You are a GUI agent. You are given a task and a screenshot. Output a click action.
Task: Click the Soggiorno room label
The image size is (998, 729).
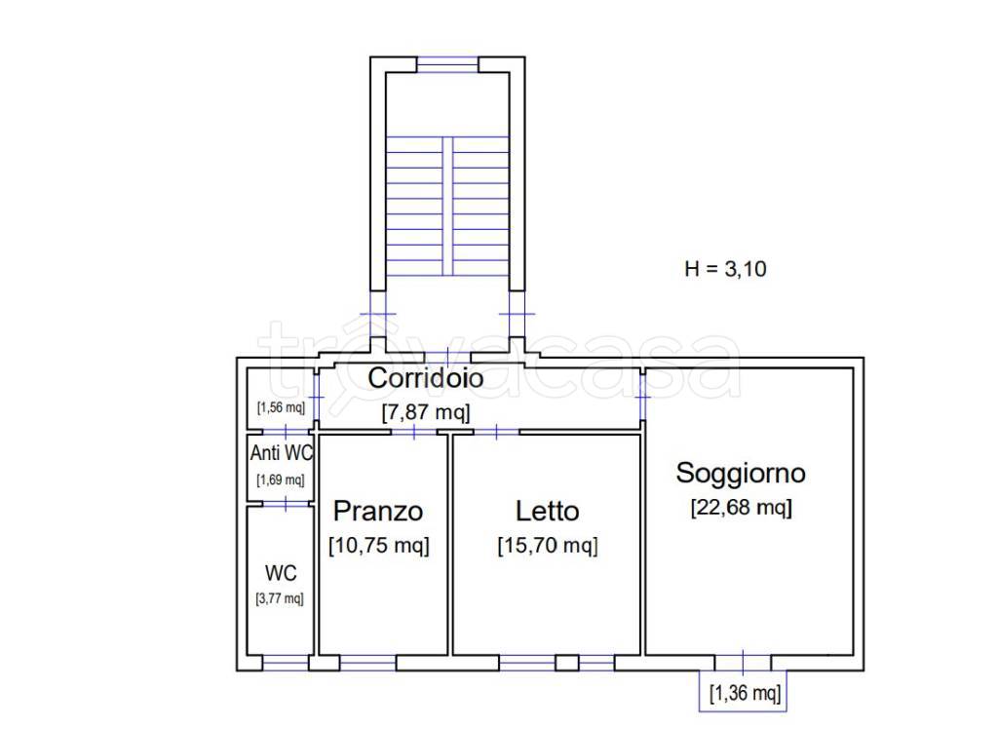click(x=741, y=474)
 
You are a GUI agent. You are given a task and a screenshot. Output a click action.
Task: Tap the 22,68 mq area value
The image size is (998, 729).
click(x=741, y=508)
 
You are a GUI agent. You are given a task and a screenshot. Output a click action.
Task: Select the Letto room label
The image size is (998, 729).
click(x=547, y=511)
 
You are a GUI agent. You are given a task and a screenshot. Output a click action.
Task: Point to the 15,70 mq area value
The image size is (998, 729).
click(x=547, y=546)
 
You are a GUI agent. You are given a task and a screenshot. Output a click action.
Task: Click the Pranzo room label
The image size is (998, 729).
click(x=378, y=511)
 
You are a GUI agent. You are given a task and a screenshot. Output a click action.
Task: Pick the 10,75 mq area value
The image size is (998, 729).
click(x=378, y=546)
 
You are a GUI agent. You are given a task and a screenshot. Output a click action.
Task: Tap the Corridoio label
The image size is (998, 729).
click(x=425, y=378)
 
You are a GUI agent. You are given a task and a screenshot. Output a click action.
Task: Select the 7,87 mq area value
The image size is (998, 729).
click(x=425, y=411)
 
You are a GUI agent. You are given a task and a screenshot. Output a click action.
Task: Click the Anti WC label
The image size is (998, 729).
click(x=281, y=453)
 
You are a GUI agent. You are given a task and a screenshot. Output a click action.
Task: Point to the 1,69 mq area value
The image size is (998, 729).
click(x=280, y=480)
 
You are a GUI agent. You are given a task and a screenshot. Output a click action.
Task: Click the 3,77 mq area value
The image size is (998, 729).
click(x=280, y=598)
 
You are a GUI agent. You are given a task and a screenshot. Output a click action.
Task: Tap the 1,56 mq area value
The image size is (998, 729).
click(x=280, y=407)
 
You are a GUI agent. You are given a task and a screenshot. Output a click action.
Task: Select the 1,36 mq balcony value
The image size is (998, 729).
click(x=745, y=694)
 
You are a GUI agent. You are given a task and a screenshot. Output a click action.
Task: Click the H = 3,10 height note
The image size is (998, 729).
click(x=725, y=269)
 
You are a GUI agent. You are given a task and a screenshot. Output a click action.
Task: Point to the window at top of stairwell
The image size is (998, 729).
click(x=447, y=64)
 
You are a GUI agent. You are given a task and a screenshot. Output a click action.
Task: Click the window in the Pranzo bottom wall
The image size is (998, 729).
click(x=367, y=663)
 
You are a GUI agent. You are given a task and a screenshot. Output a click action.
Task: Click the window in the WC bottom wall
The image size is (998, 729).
click(x=286, y=663)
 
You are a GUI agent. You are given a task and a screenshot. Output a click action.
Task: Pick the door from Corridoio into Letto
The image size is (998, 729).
click(x=496, y=432)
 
